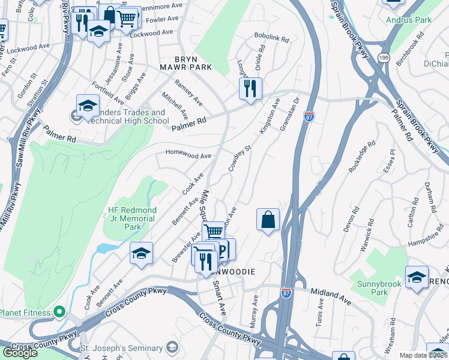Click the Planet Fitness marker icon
pyautogui.click(x=59, y=312)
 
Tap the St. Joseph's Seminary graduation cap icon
pyautogui.click(x=172, y=348)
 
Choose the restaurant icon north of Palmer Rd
pyautogui.click(x=250, y=88)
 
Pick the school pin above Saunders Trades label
pyautogui.click(x=88, y=106)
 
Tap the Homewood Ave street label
pyautogui.click(x=188, y=155)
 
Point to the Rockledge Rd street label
pyautogui.click(x=362, y=157)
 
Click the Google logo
pyautogui.click(x=20, y=352)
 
